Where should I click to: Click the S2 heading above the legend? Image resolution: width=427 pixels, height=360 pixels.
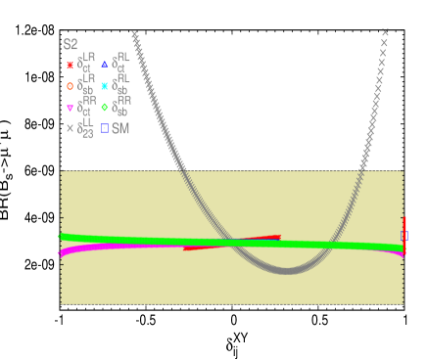coord(71,45)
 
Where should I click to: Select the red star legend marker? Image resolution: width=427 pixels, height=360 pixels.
coord(70,66)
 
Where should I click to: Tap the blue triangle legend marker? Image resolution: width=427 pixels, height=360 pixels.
coord(104,66)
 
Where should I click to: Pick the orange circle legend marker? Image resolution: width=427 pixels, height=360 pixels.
coord(70,86)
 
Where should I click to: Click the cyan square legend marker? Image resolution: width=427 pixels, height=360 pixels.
coord(104,86)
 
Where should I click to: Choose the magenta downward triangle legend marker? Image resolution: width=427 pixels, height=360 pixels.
coord(70,108)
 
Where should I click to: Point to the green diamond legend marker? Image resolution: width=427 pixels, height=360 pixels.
coord(104,108)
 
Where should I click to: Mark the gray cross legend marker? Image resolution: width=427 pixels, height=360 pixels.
coord(70,128)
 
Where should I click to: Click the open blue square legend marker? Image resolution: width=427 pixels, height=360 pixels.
coord(104,128)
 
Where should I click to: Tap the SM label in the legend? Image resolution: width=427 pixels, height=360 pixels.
coord(120,128)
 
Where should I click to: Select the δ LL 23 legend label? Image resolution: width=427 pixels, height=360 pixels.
coord(86,128)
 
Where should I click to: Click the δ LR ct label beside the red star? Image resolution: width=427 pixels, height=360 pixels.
coord(86,65)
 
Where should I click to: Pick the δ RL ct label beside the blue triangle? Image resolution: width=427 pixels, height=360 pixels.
coord(120,65)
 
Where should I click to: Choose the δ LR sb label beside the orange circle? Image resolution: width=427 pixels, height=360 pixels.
coord(86,85)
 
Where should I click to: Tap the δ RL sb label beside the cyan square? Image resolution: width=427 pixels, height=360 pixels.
coord(120,85)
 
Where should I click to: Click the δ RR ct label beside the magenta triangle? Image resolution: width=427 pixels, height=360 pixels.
coord(86,107)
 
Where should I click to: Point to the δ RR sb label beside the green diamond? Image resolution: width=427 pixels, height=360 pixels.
coord(120,107)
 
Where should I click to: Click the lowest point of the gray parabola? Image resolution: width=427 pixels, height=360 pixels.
coord(286,270)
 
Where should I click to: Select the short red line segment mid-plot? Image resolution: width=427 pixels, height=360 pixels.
coord(235,243)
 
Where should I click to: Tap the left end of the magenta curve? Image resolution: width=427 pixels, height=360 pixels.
coord(62,253)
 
